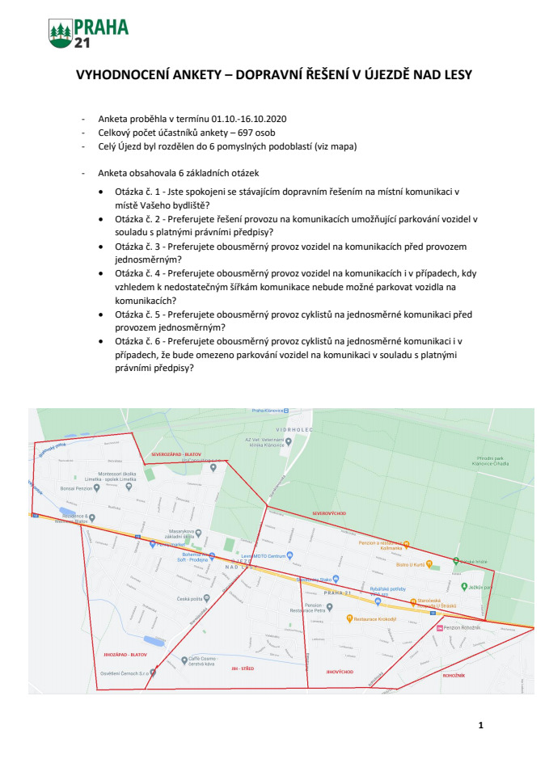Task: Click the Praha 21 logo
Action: click(x=88, y=32)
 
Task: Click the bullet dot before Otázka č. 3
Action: click(x=100, y=246)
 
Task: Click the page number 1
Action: click(x=481, y=724)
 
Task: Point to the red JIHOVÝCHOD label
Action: click(x=340, y=671)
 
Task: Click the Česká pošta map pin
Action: click(x=207, y=598)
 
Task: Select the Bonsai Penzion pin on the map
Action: click(x=117, y=488)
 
